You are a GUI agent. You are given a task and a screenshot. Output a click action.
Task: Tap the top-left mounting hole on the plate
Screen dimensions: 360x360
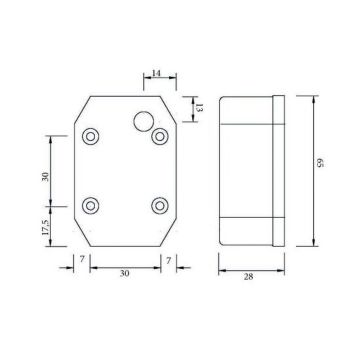(x=92, y=136)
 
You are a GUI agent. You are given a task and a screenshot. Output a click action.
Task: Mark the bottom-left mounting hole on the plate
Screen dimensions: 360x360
(x=92, y=205)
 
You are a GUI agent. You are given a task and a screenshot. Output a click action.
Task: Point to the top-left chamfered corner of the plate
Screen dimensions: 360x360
(x=80, y=111)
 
